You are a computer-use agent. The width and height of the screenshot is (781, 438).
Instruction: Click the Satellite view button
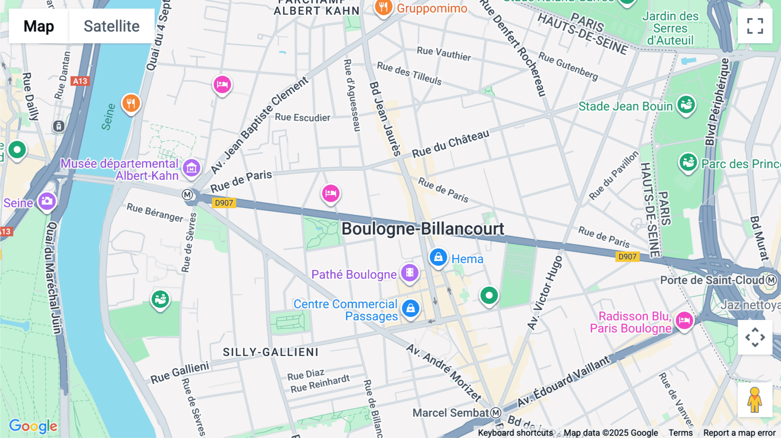pyautogui.click(x=112, y=26)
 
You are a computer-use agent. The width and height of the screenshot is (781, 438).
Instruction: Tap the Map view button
pyautogui.click(x=39, y=26)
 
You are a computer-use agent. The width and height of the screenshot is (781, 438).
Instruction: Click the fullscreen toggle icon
pyautogui.click(x=755, y=26)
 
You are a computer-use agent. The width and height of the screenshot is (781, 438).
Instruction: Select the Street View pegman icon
pyautogui.click(x=755, y=400)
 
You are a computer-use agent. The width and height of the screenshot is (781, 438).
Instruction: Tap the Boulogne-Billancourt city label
pyautogui.click(x=423, y=229)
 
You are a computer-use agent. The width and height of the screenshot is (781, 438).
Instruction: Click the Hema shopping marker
pyautogui.click(x=438, y=257)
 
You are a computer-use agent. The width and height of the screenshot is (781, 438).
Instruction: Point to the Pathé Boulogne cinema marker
pyautogui.click(x=410, y=273)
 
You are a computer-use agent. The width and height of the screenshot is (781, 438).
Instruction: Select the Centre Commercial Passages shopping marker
pyautogui.click(x=410, y=309)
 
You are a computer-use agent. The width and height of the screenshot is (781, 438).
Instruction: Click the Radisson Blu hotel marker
pyautogui.click(x=684, y=321)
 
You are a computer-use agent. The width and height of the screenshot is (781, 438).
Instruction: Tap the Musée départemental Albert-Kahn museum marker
pyautogui.click(x=191, y=168)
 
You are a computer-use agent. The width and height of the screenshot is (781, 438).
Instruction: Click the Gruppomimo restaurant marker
pyautogui.click(x=384, y=7)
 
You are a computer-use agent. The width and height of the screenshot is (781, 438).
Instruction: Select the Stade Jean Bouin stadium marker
pyautogui.click(x=686, y=105)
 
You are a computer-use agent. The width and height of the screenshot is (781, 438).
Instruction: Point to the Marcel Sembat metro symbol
pyautogui.click(x=496, y=413)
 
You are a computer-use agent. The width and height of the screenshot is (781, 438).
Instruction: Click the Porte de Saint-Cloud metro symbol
pyautogui.click(x=771, y=280)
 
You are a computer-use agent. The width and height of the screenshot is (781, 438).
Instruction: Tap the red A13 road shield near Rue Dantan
pyautogui.click(x=80, y=81)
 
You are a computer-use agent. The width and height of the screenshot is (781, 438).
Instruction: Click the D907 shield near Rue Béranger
pyautogui.click(x=224, y=203)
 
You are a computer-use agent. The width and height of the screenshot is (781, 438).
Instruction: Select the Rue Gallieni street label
pyautogui.click(x=180, y=373)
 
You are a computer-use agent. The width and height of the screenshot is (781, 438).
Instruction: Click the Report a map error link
pyautogui.click(x=739, y=433)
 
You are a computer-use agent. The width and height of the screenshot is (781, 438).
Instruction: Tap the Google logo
pyautogui.click(x=33, y=426)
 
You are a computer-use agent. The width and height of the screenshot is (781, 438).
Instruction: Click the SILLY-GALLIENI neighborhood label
pyautogui.click(x=271, y=352)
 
